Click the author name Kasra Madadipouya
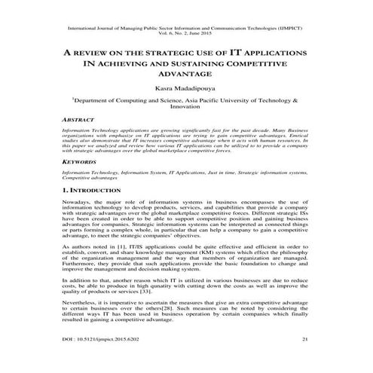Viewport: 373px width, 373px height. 186,88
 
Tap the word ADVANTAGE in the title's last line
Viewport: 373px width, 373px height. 186,73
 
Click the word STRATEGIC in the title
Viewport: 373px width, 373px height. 149,53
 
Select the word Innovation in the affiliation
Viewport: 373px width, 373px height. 186,108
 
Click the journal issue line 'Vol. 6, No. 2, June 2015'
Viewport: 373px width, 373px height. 186,35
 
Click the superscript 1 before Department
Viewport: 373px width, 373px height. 95,98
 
